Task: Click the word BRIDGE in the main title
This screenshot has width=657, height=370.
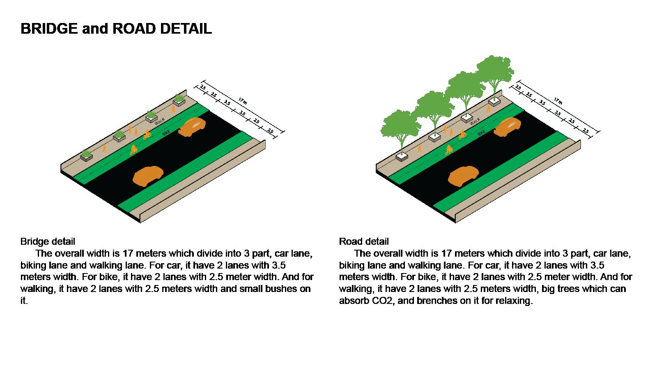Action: [49, 28]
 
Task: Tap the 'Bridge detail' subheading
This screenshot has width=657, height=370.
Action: [48, 241]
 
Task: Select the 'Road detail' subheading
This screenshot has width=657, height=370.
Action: [364, 241]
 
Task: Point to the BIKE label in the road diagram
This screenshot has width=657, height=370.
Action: [482, 132]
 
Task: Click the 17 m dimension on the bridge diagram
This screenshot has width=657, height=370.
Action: [242, 101]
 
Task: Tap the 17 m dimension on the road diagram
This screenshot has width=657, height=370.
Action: [558, 101]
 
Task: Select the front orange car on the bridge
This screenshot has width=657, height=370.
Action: [147, 176]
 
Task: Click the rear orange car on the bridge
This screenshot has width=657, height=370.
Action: [192, 126]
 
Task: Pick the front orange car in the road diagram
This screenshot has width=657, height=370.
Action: [463, 176]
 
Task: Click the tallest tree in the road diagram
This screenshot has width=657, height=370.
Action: [495, 72]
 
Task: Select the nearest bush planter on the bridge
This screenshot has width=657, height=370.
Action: [87, 156]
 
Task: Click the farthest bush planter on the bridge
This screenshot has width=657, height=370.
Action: [179, 99]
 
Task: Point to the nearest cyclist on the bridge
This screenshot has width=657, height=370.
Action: [133, 150]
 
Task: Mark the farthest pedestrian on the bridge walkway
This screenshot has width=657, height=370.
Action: [174, 109]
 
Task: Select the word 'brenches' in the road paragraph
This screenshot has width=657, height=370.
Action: [436, 301]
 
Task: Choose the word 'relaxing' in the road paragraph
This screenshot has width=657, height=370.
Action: [514, 301]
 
